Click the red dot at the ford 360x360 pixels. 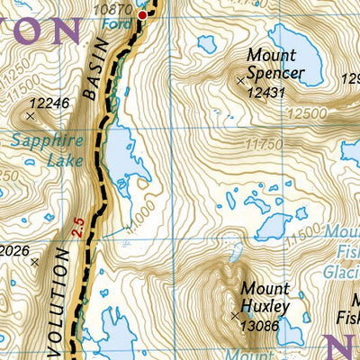tap(141, 14)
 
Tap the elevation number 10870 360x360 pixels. tap(115, 7)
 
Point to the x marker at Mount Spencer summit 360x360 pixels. tap(240, 81)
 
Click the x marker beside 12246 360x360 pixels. tap(31, 115)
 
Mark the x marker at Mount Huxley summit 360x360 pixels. tap(236, 316)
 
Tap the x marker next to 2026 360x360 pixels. tap(34, 262)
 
